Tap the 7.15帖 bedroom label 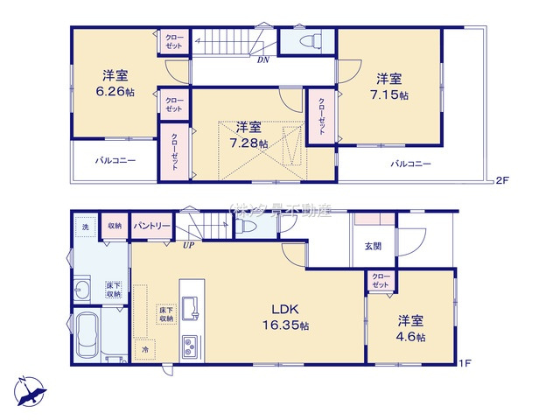[x=391, y=85]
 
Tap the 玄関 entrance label [x=372, y=246]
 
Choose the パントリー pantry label [x=151, y=226]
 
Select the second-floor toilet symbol [x=309, y=40]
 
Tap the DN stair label [x=263, y=59]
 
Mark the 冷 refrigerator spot [x=144, y=348]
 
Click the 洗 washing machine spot [x=86, y=227]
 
